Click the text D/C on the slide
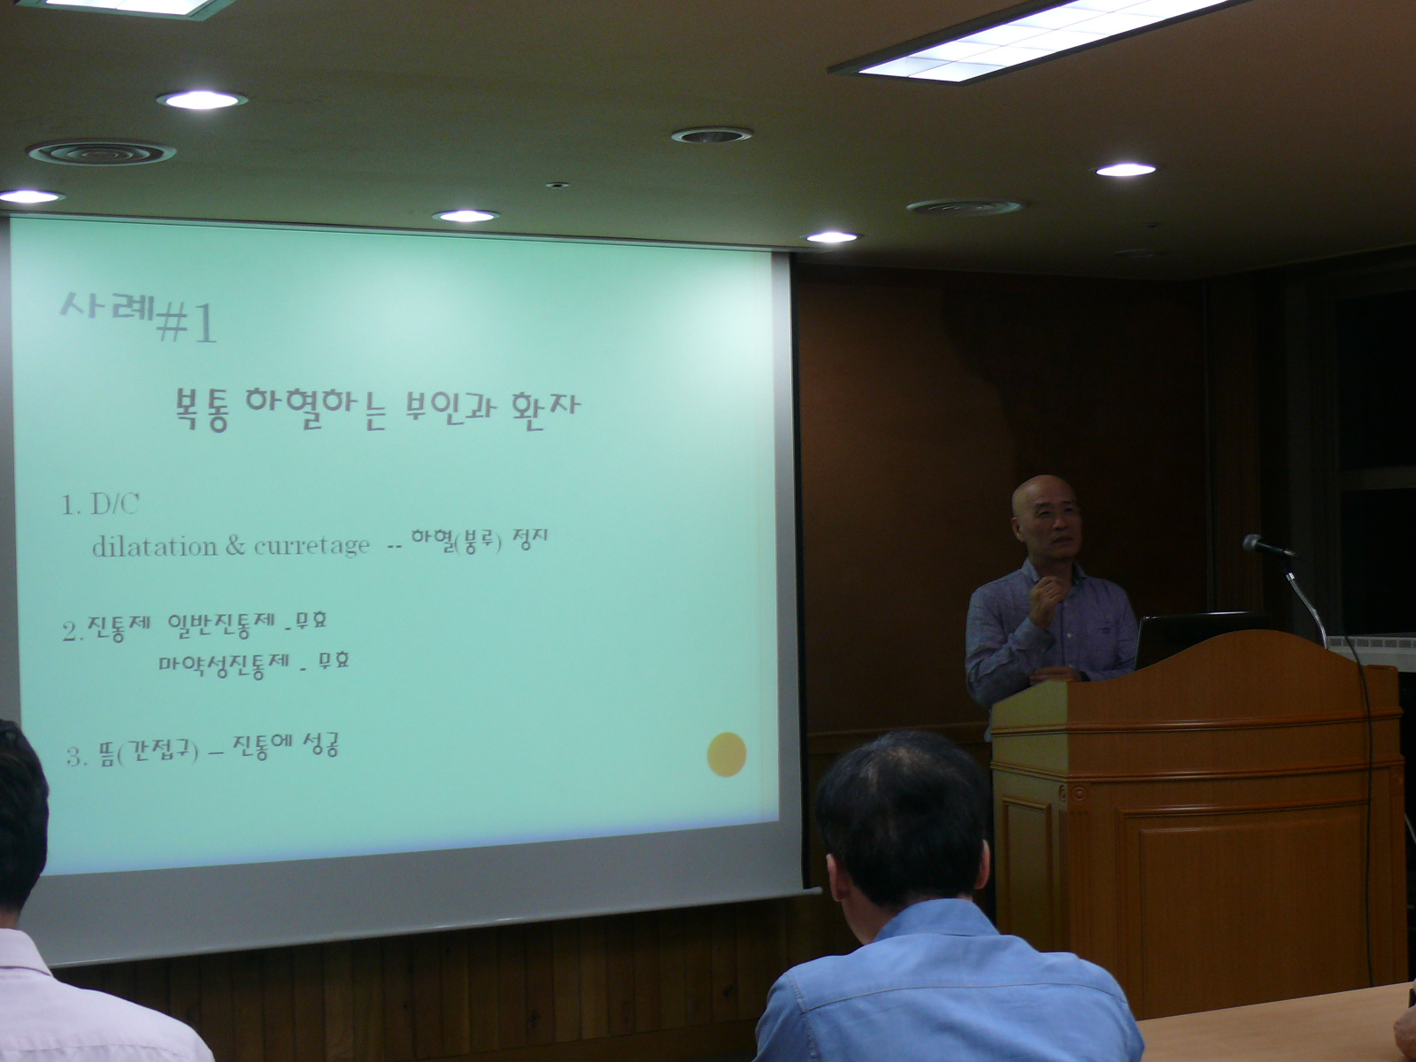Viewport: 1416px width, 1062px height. (x=115, y=505)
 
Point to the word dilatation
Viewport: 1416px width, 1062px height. (x=155, y=546)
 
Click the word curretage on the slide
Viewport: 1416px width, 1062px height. (x=312, y=546)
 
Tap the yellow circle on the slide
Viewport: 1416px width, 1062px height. (x=727, y=754)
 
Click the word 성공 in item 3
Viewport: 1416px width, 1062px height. (x=320, y=745)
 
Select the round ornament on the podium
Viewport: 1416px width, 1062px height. (x=1078, y=792)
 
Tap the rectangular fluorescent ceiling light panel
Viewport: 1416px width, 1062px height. (x=1039, y=39)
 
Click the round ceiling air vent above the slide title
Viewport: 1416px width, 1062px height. (x=101, y=153)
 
